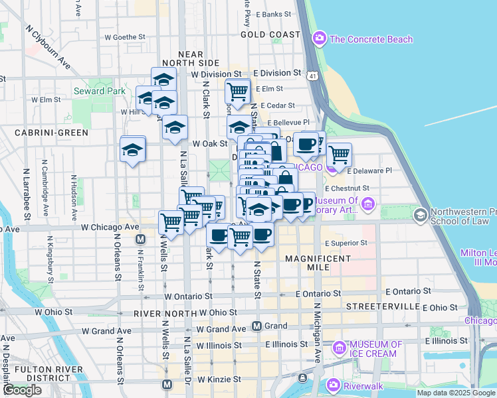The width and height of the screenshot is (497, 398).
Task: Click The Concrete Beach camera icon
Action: tap(320, 38)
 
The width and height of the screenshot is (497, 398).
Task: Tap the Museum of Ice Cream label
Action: tap(376, 348)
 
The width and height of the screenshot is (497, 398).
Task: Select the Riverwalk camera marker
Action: tap(333, 384)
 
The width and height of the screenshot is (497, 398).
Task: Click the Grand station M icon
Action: tap(257, 326)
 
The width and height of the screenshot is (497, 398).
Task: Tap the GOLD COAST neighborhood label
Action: tap(270, 34)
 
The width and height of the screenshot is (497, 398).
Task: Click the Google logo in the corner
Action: tap(21, 389)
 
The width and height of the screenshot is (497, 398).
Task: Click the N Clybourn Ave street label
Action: tap(47, 47)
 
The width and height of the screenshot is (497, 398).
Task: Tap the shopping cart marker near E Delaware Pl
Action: tap(339, 155)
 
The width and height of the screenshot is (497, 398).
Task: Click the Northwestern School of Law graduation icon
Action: tap(420, 215)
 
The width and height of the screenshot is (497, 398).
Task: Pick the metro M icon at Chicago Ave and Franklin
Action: tap(140, 239)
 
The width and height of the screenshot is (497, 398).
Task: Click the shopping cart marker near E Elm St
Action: tap(237, 90)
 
